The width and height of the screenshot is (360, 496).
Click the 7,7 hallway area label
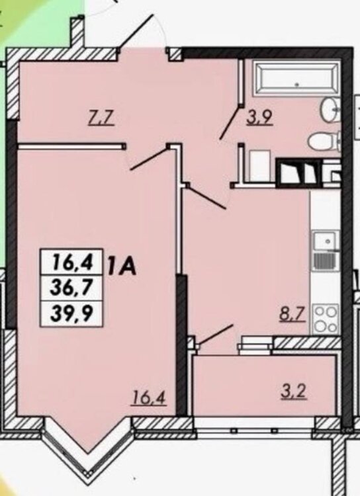tap(100, 120)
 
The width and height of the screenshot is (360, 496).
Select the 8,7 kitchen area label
tap(292, 315)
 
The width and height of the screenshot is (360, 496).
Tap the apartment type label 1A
tap(121, 267)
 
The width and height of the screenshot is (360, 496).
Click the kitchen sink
tap(326, 251)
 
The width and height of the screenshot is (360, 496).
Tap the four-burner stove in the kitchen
tap(326, 319)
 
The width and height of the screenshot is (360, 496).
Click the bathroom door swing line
tap(229, 124)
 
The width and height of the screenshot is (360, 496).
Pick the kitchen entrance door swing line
tap(206, 197)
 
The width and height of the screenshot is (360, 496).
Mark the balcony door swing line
tap(214, 334)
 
